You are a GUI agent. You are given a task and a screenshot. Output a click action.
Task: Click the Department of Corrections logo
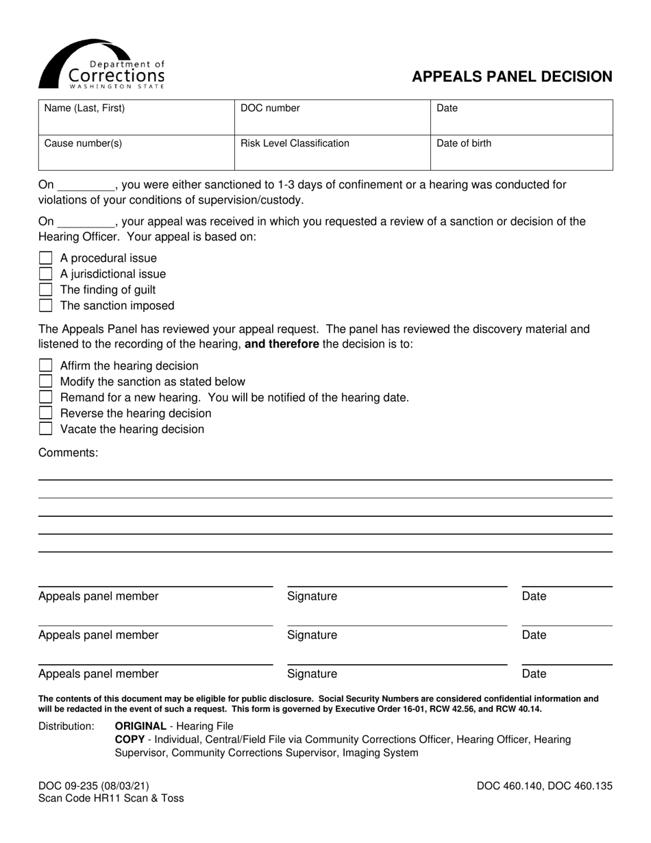pos(101,64)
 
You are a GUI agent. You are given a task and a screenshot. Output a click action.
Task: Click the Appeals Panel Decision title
pos(511,77)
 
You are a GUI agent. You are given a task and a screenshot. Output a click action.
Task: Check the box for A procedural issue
pos(46,258)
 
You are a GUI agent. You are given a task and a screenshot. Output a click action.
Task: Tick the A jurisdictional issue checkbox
pos(46,274)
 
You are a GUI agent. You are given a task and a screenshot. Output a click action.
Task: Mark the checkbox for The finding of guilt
pos(46,290)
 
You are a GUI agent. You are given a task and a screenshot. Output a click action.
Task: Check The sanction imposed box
pos(46,306)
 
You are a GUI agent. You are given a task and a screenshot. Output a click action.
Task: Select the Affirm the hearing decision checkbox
pos(46,366)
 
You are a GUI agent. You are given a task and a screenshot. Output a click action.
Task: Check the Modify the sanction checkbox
pos(46,382)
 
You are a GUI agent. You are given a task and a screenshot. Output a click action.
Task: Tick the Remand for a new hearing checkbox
pos(46,398)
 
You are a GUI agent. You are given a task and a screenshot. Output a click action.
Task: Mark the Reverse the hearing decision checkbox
pos(46,413)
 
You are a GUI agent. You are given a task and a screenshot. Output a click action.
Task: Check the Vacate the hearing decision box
pos(46,429)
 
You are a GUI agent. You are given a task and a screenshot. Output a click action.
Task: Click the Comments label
pos(68,452)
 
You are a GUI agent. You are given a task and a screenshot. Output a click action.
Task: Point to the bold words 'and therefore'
pos(281,344)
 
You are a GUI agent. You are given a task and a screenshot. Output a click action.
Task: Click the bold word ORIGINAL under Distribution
pos(140,726)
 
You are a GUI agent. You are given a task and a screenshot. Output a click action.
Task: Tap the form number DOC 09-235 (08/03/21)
pos(93,786)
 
